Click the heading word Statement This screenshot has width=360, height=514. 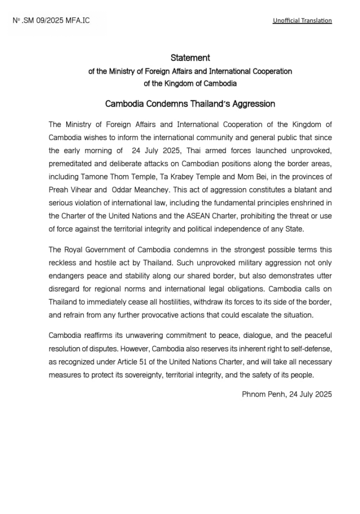click(x=190, y=58)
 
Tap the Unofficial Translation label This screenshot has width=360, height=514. click(x=302, y=21)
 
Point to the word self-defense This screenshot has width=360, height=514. click(x=309, y=348)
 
